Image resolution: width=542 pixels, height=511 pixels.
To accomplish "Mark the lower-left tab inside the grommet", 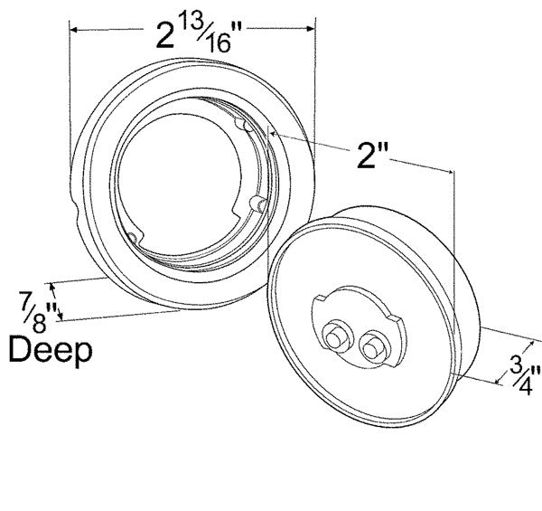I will [135, 237].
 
